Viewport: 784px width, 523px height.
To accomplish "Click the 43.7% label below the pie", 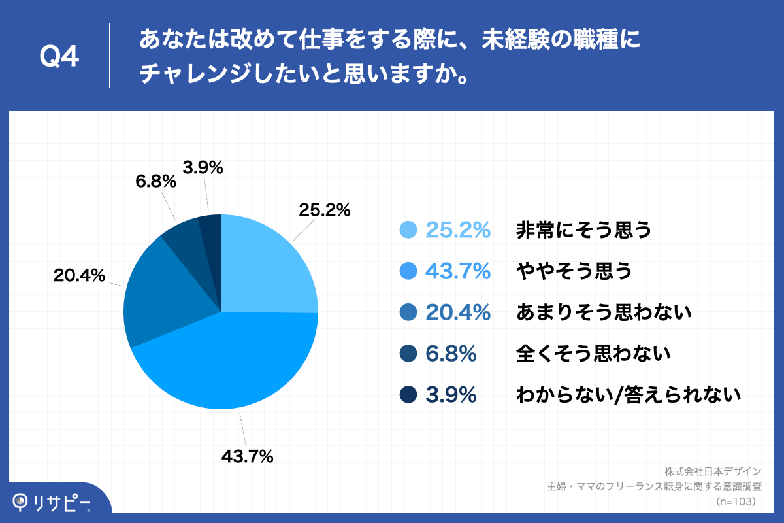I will (247, 457).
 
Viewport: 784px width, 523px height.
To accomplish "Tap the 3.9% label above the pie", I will (203, 168).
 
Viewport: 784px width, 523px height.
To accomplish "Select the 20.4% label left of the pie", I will (79, 276).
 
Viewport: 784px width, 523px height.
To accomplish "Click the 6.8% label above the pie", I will (155, 182).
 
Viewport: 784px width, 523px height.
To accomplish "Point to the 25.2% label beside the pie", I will (325, 211).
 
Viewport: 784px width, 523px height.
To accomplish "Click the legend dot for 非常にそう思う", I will (408, 230).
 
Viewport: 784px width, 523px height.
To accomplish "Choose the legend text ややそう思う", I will (574, 271).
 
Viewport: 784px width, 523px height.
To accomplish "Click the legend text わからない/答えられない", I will (628, 395).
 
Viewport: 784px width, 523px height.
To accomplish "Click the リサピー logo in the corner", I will (52, 502).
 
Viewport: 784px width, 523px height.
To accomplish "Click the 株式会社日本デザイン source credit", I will (713, 471).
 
